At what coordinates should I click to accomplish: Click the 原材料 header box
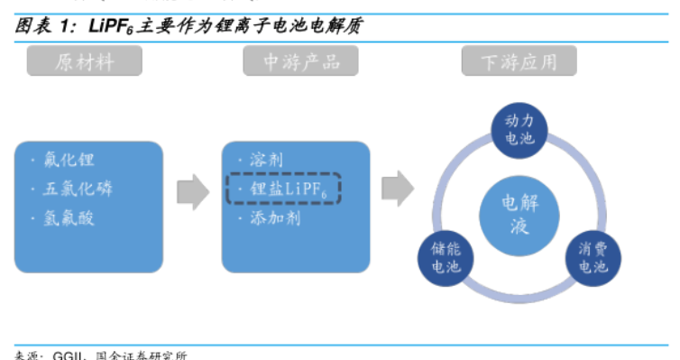click(x=84, y=61)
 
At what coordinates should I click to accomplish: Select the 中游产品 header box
click(x=300, y=61)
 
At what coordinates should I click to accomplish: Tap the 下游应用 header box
click(x=519, y=61)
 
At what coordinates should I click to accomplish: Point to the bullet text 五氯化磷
click(x=78, y=189)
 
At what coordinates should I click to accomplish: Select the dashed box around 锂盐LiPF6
click(x=282, y=189)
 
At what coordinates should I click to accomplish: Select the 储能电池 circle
click(x=440, y=258)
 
